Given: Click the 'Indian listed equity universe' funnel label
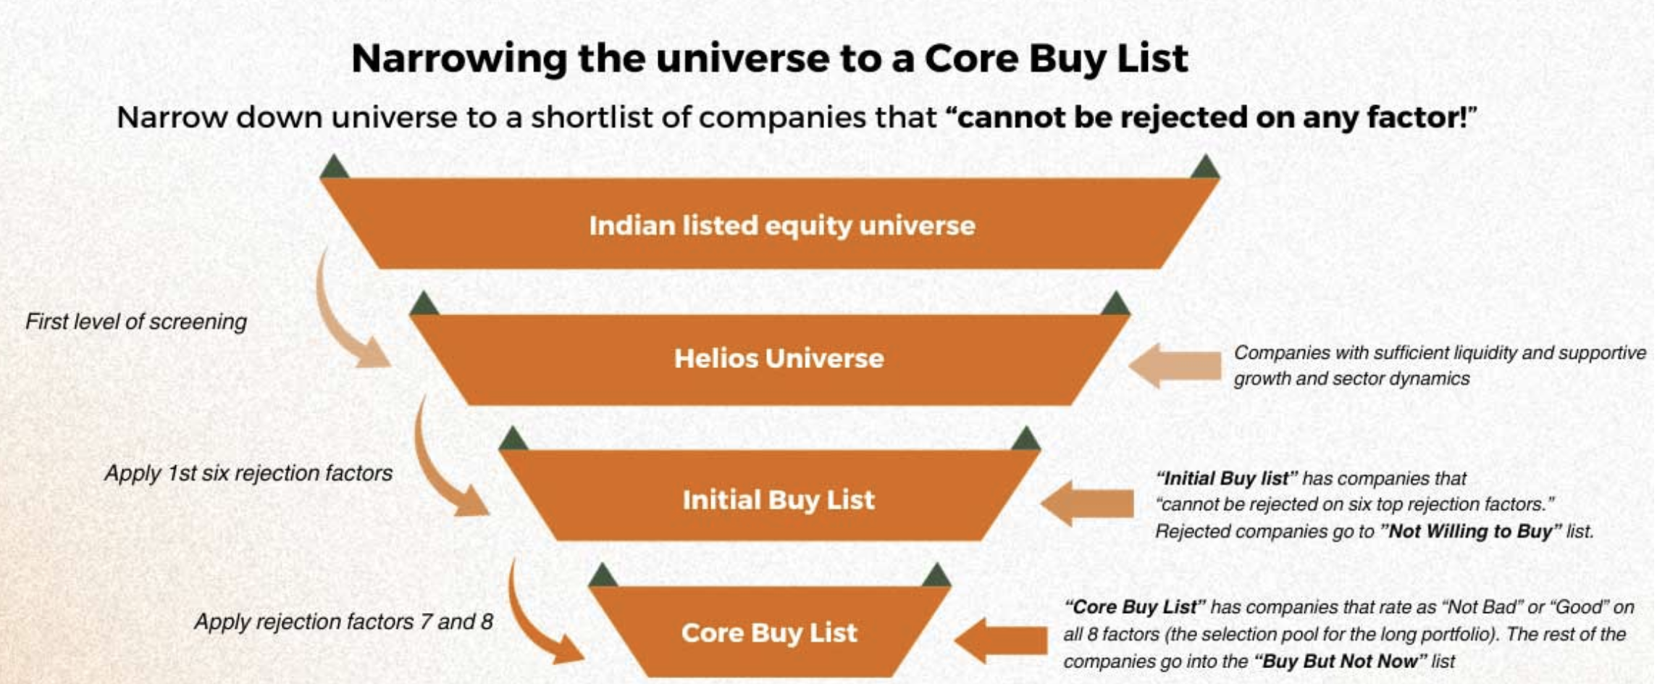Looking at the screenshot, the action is tap(782, 226).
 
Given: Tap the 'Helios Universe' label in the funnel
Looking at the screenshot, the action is tap(779, 358).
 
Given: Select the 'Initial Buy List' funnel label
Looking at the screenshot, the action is tap(779, 500).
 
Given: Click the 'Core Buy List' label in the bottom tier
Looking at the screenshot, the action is tap(769, 633).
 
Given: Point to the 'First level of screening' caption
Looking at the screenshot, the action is tap(136, 322).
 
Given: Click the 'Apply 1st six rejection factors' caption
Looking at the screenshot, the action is tap(248, 473).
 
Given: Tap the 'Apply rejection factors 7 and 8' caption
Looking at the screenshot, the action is tap(343, 622).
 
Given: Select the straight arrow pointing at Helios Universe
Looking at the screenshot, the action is tap(1175, 365).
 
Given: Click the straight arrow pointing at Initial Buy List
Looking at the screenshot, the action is tap(1086, 503).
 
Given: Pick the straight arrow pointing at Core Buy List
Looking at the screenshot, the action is tap(1000, 641).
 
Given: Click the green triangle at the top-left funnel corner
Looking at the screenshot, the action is tap(334, 167).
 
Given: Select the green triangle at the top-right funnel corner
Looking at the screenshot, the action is tap(1205, 167).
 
